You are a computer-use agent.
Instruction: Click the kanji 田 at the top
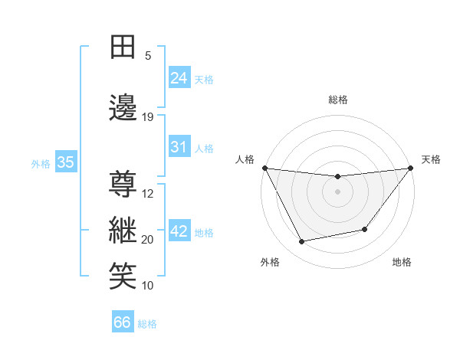click(123, 47)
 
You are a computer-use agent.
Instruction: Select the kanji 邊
click(123, 108)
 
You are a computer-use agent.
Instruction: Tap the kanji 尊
click(123, 185)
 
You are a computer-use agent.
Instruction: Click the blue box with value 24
click(179, 78)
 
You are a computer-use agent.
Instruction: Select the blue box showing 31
click(179, 147)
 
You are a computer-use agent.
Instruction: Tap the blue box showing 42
click(179, 231)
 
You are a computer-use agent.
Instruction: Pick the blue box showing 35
click(66, 162)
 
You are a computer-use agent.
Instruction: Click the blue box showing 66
click(123, 322)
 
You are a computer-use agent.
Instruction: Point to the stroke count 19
click(148, 117)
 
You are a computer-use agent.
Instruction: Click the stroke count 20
click(148, 240)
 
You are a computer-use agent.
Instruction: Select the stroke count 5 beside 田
click(148, 56)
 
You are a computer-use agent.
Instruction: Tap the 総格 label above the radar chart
click(338, 100)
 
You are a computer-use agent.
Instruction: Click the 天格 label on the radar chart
click(432, 159)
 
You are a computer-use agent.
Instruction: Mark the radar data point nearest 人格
click(265, 168)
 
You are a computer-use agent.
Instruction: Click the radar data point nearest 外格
click(302, 242)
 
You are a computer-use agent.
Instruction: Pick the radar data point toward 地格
click(365, 229)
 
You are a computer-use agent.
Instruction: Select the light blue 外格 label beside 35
click(41, 163)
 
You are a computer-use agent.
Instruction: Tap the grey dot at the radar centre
click(338, 191)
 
